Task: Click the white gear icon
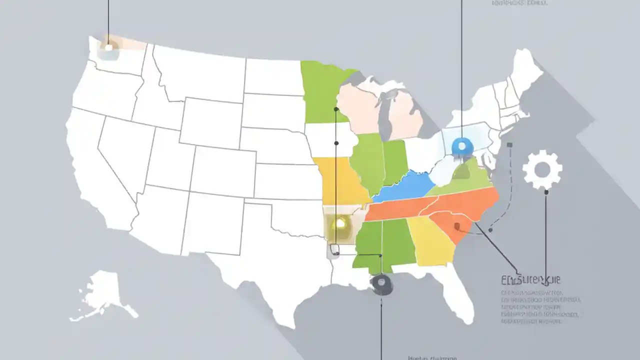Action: (542, 170)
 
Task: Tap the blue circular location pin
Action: (461, 146)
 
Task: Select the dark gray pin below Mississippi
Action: (381, 283)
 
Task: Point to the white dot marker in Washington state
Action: (108, 47)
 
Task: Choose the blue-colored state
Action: (405, 187)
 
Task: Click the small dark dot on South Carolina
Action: (456, 226)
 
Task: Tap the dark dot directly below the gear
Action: (546, 192)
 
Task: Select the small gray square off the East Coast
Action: (509, 145)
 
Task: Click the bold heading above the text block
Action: (530, 279)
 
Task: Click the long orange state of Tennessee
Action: (400, 210)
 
